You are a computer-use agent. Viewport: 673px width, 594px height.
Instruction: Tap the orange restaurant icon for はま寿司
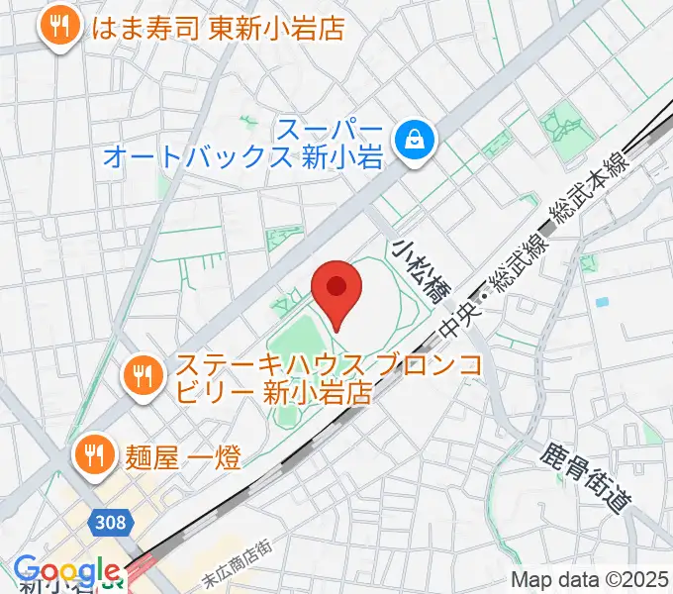[x=61, y=27]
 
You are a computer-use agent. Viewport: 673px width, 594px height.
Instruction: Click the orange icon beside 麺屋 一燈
[x=95, y=453]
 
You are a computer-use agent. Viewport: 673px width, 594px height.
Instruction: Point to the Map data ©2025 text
[x=588, y=579]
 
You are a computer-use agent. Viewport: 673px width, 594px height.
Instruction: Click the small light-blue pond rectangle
[x=601, y=300]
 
